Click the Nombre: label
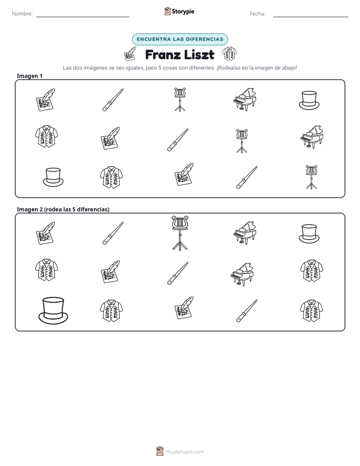click(22, 14)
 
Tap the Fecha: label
click(257, 14)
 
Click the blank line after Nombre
click(83, 17)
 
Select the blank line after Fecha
click(311, 17)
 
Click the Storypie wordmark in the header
click(183, 12)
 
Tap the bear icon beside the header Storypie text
click(167, 11)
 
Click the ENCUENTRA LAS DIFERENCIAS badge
click(180, 39)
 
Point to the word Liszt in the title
click(199, 54)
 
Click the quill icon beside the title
click(130, 54)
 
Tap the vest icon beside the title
click(229, 53)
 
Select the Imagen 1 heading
click(29, 76)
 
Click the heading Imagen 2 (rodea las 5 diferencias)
click(63, 209)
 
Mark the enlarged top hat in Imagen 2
click(53, 311)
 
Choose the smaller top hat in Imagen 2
click(309, 234)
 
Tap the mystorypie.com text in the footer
click(185, 452)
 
